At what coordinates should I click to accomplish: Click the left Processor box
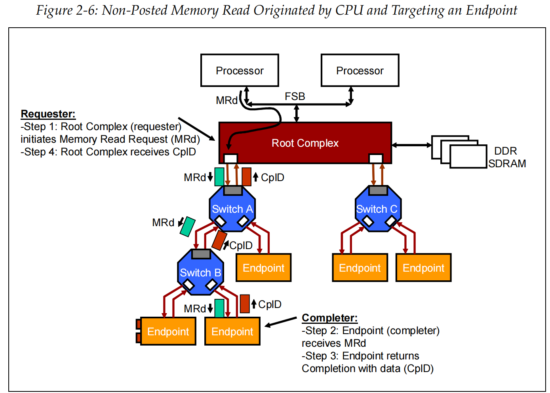tap(240, 70)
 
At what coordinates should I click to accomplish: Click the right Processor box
tap(360, 70)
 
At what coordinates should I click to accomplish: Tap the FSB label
tap(295, 96)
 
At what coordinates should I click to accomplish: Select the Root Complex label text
tap(305, 143)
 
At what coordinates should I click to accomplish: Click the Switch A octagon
tap(232, 209)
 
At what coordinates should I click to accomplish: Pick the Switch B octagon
tap(200, 272)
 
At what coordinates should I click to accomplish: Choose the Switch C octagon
tap(378, 209)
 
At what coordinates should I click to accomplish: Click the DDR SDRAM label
tap(507, 157)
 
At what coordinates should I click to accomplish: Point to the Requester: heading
tap(48, 114)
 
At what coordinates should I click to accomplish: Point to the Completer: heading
tap(329, 318)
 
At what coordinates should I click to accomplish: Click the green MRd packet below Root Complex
tap(219, 177)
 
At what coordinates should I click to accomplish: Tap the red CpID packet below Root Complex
tap(247, 177)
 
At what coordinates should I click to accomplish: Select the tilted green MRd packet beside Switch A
tap(188, 227)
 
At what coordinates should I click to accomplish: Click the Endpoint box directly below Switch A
tap(263, 268)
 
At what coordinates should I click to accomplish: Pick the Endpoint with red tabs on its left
tap(168, 331)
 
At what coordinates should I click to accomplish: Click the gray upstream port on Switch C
tap(378, 191)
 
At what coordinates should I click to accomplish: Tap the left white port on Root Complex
tap(230, 159)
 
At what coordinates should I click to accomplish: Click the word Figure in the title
tap(54, 11)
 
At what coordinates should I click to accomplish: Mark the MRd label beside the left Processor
tap(226, 100)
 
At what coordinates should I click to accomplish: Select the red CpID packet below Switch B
tap(245, 304)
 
